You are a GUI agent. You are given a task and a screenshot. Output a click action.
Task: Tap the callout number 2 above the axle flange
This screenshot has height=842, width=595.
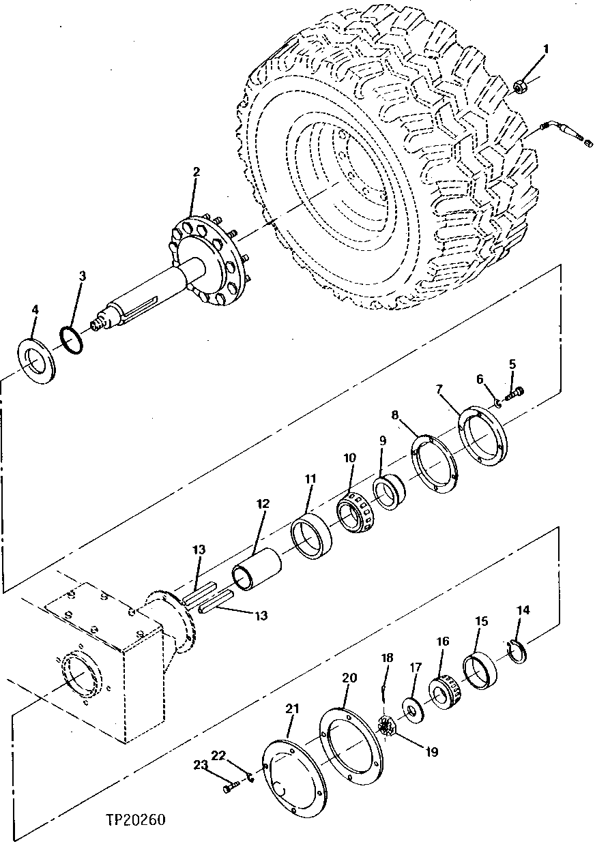coord(196,172)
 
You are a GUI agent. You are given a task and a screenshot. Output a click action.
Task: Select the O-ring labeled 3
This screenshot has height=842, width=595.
coord(72,339)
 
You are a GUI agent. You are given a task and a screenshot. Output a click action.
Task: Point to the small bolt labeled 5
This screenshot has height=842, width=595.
coord(515,393)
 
